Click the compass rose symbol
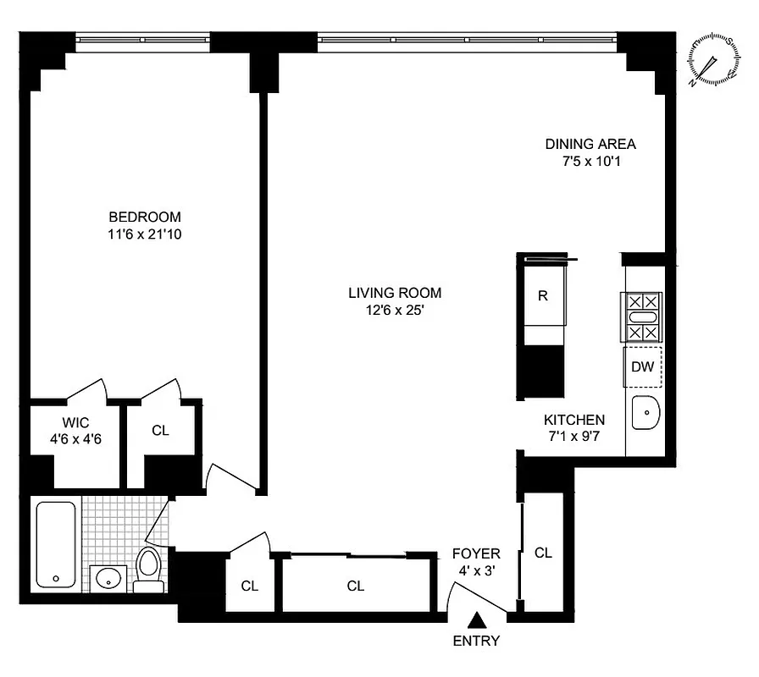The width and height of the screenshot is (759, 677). coord(712,60)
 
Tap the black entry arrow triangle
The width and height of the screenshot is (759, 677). coord(478,621)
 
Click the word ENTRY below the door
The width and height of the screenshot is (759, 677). coord(476,641)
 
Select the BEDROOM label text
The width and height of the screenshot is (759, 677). coord(144,217)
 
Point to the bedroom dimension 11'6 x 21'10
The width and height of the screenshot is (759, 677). coord(144,234)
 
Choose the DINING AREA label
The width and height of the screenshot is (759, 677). coord(590,144)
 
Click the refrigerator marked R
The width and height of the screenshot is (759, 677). coord(542,296)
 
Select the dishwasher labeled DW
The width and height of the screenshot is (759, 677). coord(644,366)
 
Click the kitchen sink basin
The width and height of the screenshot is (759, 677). coord(645,415)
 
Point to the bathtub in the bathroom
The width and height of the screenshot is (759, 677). coord(57,543)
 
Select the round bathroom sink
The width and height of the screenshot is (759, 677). coord(108,579)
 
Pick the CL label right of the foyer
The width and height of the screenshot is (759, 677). coord(543,553)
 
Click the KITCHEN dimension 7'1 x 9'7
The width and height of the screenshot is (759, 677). coord(574,437)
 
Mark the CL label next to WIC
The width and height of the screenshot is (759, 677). coord(160,430)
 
